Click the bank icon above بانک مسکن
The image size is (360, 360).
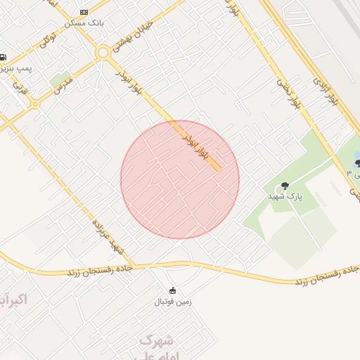pos(84,13)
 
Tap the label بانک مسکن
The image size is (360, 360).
pos(84,22)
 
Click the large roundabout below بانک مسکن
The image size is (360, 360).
pos(103,52)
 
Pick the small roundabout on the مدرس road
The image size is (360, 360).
pos(35,103)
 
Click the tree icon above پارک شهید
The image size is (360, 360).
pos(285,186)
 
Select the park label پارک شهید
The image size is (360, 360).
pos(285,197)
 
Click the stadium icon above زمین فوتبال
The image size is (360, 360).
pos(172,290)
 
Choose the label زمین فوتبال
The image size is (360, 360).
pos(173,302)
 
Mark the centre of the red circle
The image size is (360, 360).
pos(180,179)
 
